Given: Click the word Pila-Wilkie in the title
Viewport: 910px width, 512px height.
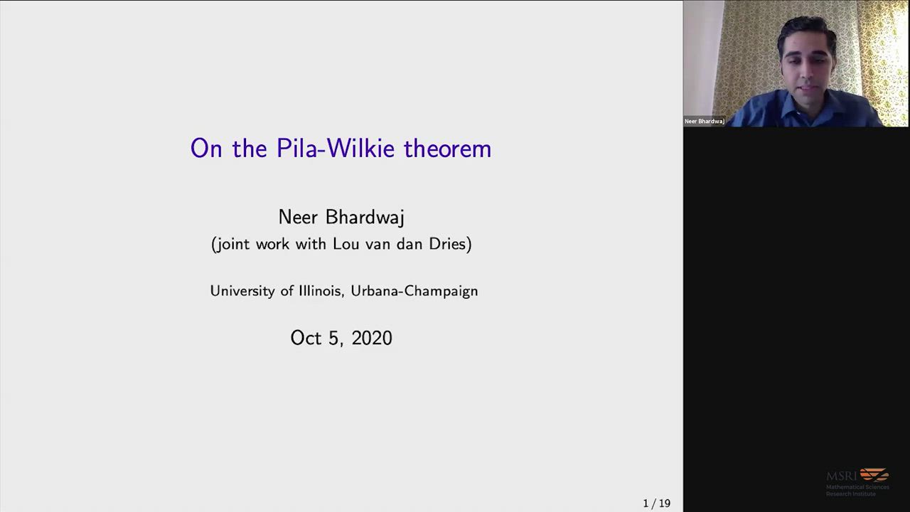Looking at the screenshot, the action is coord(335,148).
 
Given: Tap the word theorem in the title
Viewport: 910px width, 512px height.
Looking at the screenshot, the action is coord(448,148).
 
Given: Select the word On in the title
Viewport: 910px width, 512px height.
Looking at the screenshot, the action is coord(206,149).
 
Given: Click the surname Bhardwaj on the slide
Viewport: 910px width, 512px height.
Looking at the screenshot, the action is coord(365,218).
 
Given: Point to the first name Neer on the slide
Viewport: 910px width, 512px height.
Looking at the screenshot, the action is coord(298,218).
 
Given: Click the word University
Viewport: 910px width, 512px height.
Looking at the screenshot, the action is coord(242,291).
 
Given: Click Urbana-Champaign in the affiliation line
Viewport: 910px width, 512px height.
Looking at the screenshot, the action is coord(414,292).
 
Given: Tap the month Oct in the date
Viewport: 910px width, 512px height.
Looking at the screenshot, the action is coord(306,338).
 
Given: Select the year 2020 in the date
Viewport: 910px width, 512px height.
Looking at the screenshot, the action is coord(372,338).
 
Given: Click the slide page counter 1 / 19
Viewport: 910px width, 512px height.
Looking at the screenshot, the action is coord(656,503).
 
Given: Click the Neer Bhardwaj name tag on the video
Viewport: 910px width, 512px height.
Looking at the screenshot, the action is coord(705,121).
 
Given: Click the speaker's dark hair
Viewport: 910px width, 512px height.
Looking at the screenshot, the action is coord(806,33).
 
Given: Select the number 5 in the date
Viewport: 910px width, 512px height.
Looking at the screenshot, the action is coord(334,338).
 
